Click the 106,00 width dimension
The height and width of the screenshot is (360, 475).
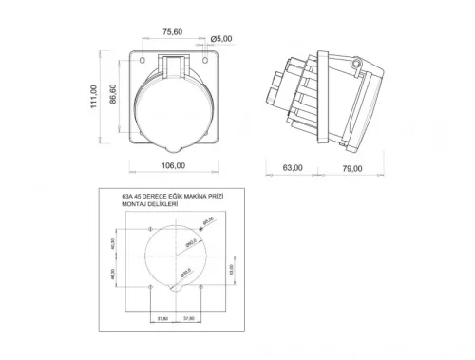click(x=171, y=164)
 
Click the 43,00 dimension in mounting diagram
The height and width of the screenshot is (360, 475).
click(x=235, y=269)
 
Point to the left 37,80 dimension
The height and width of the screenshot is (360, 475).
click(x=162, y=317)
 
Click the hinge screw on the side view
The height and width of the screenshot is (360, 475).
click(x=356, y=64)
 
